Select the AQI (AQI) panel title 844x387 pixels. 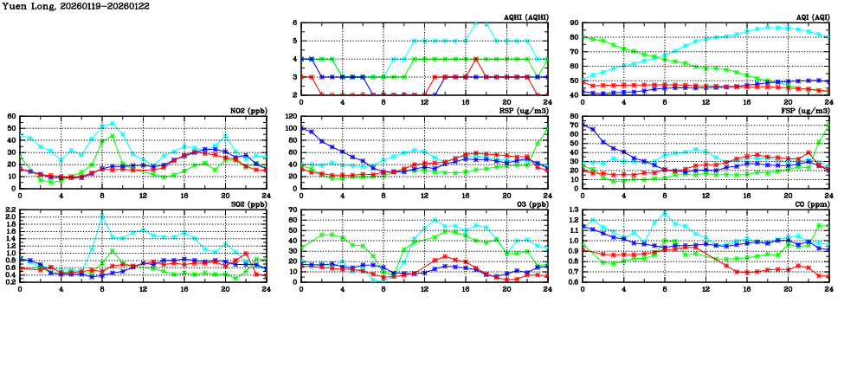point(813,17)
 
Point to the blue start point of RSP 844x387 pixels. point(301,129)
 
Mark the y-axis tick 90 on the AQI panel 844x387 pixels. point(574,23)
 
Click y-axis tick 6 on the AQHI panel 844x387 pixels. point(295,23)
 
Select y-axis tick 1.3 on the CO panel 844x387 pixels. point(574,210)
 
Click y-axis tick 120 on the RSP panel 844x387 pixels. point(290,117)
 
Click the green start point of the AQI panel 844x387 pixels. point(583,37)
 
